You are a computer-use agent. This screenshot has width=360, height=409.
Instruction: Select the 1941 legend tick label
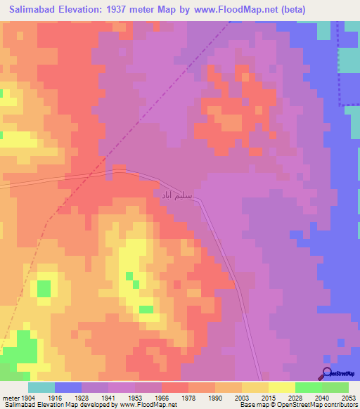coord(108,398)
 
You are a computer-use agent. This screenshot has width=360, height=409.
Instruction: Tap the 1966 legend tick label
coord(162,398)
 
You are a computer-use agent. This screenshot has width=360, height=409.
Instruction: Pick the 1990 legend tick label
coord(215,398)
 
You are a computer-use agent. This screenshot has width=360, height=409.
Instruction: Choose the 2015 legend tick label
coord(269,398)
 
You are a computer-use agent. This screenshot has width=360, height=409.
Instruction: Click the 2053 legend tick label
coord(349,398)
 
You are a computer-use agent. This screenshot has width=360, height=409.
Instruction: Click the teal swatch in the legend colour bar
coord(41,387)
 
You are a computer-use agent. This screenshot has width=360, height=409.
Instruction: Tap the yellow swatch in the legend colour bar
coord(281,387)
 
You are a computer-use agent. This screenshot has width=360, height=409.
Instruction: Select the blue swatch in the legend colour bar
coord(68,387)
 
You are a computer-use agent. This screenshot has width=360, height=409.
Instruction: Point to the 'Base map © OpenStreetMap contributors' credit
coord(297,405)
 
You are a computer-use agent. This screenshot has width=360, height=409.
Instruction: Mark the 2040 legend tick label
coord(322,398)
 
